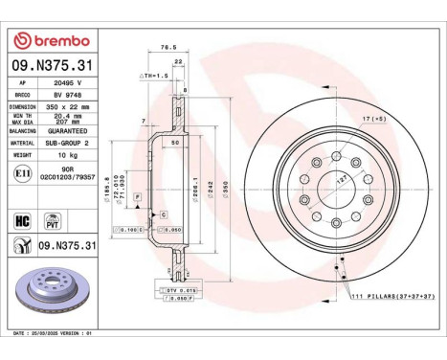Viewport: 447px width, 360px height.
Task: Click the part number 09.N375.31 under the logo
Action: pos(49,64)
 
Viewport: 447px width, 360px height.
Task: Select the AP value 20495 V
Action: pos(65,83)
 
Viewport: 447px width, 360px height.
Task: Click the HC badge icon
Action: pos(22,221)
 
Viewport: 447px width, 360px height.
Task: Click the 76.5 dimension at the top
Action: pos(168,46)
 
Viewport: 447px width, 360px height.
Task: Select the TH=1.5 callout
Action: pos(155,75)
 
